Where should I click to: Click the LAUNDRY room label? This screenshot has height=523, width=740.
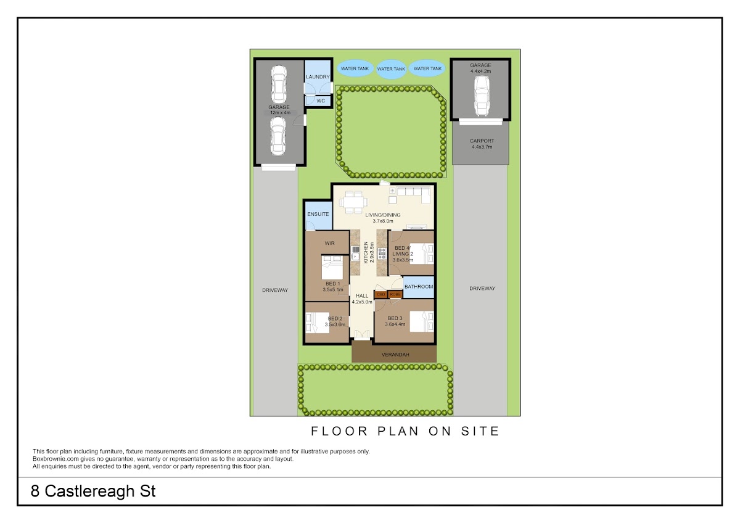(x=318, y=76)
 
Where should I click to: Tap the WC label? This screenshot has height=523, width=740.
(x=321, y=101)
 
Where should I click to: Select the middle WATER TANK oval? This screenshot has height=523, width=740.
(x=391, y=69)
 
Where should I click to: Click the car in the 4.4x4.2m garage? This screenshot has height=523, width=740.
(x=482, y=96)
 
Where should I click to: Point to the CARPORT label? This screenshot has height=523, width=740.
(x=482, y=141)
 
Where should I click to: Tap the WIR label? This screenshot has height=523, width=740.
(x=329, y=243)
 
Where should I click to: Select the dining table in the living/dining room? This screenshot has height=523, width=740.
(x=353, y=202)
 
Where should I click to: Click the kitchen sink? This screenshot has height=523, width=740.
(x=355, y=253)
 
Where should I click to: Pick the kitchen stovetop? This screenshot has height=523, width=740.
(x=382, y=253)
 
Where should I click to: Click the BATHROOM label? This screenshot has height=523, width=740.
(x=419, y=286)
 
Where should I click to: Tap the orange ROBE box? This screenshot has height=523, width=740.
(x=395, y=294)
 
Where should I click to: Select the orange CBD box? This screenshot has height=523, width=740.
(x=381, y=294)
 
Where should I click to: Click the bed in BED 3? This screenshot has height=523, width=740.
(x=422, y=321)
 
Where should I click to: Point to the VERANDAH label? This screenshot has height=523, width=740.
(x=395, y=355)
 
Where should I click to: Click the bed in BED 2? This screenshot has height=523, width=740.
(x=318, y=323)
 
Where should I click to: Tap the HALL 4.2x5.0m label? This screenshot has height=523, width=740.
(x=362, y=299)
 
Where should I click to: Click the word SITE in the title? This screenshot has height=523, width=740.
(x=480, y=431)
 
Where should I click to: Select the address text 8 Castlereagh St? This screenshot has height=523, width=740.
(x=93, y=492)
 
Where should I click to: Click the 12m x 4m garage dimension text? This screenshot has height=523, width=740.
(x=280, y=113)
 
